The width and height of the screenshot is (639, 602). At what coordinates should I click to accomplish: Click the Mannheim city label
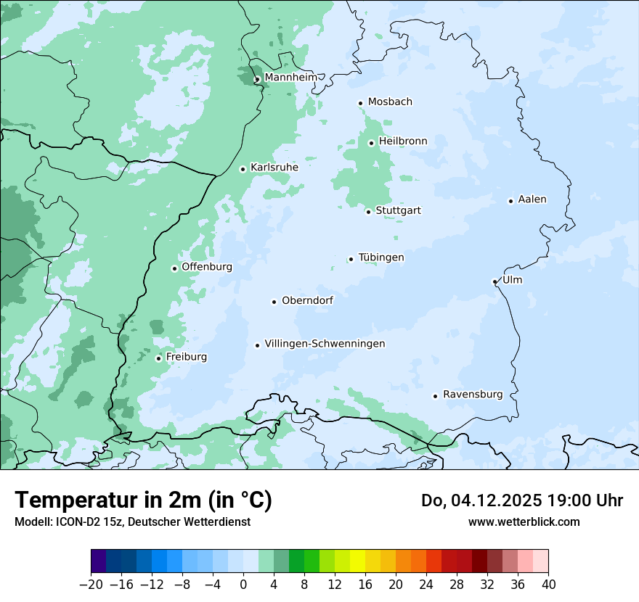290,78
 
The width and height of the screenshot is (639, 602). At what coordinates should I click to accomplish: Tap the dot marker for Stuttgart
368,212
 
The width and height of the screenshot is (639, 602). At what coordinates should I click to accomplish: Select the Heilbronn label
403,141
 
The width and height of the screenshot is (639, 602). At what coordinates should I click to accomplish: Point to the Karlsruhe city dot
243,169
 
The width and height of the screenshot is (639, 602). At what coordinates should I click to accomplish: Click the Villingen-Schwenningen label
325,344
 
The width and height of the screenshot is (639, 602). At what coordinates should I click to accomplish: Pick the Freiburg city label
186,357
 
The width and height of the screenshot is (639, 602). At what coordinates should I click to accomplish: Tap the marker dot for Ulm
494,281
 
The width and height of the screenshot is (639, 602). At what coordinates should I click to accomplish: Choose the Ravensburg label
472,395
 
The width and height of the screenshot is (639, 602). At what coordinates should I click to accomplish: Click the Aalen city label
532,199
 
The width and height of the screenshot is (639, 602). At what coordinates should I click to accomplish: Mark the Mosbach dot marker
360,103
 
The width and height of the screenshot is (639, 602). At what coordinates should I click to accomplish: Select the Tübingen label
381,257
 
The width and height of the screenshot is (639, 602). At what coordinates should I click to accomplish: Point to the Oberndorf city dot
274,302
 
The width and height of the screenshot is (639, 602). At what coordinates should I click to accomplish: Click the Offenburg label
207,267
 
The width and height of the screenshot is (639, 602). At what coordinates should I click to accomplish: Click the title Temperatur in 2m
143,500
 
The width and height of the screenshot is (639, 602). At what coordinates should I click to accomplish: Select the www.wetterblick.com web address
524,521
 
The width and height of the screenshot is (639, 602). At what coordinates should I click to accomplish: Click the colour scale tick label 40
548,585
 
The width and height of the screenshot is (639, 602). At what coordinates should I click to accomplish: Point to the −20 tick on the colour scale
91,585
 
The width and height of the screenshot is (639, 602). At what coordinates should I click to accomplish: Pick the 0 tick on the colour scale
243,585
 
